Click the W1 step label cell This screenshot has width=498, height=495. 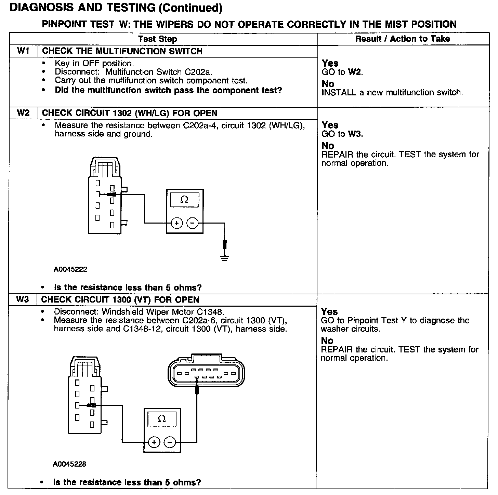click(23, 51)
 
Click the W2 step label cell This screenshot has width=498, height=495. click(23, 113)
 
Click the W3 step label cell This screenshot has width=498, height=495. click(22, 300)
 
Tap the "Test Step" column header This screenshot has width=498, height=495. click(158, 39)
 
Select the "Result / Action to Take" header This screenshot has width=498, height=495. click(403, 39)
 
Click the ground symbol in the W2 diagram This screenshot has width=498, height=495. click(224, 257)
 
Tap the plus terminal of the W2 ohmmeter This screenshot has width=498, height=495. click(176, 224)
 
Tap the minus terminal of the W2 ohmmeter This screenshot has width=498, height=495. click(192, 224)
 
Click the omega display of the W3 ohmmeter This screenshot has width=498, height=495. click(162, 419)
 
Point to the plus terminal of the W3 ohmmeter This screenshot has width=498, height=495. click(154, 442)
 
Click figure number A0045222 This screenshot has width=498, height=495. click(70, 269)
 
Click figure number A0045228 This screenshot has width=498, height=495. click(69, 464)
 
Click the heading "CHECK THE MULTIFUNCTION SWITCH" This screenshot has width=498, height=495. click(122, 51)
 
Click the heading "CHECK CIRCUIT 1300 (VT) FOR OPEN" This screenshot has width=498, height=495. click(120, 300)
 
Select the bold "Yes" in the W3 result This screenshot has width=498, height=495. click(329, 312)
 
